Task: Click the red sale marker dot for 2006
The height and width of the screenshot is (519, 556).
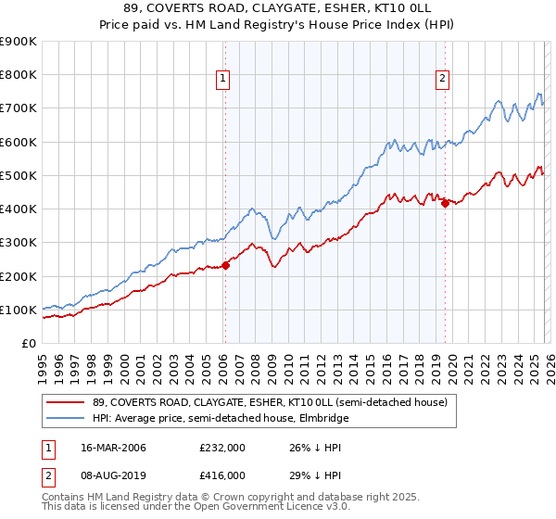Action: (x=225, y=266)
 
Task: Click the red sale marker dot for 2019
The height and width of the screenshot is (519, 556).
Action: (x=445, y=204)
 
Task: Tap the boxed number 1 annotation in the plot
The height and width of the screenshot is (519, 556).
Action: (x=224, y=80)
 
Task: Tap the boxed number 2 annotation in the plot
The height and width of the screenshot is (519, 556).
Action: (x=443, y=80)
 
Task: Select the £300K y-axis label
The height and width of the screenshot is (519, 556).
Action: (x=18, y=243)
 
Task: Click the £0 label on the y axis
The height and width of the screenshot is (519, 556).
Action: (x=28, y=344)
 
